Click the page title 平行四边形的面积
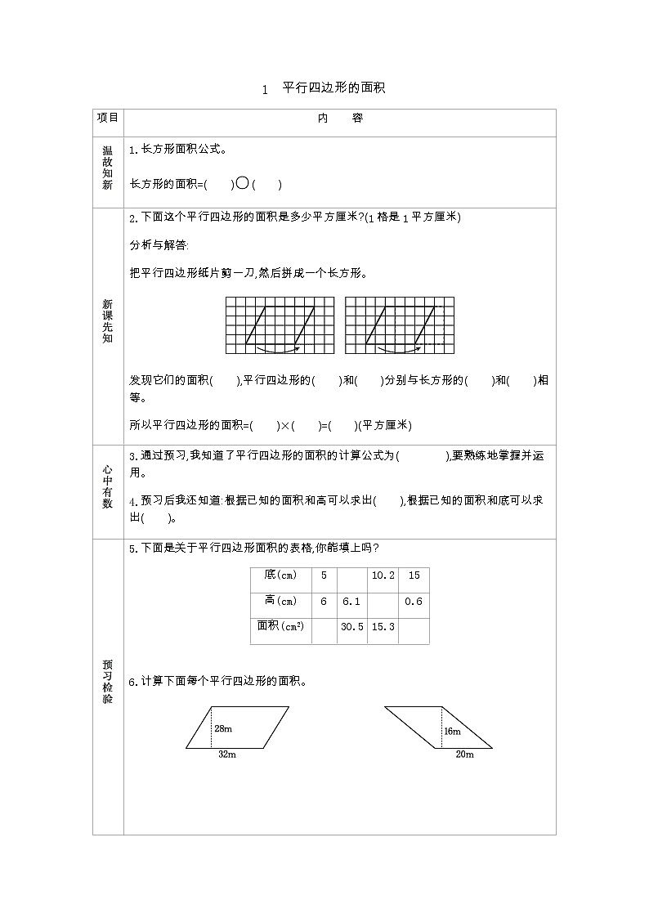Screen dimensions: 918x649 click(x=333, y=88)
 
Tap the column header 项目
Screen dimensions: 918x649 click(x=108, y=118)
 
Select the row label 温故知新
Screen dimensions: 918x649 click(x=108, y=168)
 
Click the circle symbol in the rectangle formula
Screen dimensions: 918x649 click(x=242, y=184)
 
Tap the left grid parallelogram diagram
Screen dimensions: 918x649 click(x=280, y=325)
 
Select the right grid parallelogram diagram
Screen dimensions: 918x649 click(x=399, y=325)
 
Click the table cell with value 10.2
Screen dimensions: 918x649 click(x=383, y=575)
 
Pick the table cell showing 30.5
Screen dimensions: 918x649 click(x=351, y=626)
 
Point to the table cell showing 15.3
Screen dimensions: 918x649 click(x=383, y=626)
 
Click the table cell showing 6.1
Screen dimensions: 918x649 click(x=351, y=601)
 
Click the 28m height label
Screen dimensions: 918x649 click(x=224, y=728)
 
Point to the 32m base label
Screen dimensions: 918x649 click(x=226, y=755)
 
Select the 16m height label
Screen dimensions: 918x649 click(x=452, y=731)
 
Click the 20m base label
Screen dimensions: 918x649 click(x=464, y=755)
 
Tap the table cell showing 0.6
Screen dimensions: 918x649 click(x=414, y=601)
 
